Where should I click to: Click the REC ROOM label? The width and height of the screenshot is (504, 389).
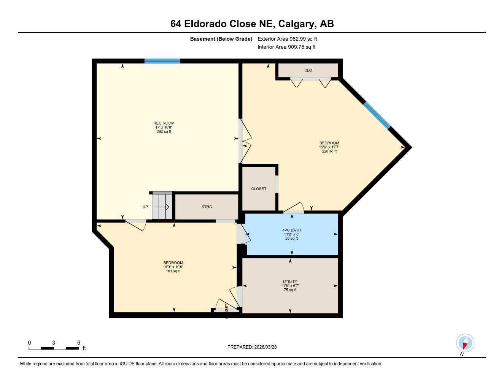(x=164, y=123)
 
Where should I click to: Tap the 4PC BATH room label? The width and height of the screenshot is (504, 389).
(x=291, y=230)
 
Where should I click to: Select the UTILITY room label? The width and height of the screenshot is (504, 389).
(x=290, y=281)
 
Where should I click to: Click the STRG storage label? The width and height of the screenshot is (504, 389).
(x=207, y=207)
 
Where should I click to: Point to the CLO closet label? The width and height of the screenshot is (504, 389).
(x=308, y=70)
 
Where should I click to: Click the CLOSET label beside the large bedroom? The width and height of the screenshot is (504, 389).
(x=259, y=189)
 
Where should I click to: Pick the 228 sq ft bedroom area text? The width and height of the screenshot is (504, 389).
(x=329, y=151)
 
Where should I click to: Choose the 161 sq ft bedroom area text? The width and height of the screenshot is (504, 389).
(x=173, y=271)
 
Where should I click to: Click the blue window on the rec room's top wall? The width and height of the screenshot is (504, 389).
(x=162, y=61)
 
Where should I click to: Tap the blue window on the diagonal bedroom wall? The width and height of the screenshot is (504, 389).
(x=377, y=115)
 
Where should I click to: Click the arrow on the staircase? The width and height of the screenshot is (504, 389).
(x=162, y=207)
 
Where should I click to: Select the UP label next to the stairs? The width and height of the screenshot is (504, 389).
(x=145, y=207)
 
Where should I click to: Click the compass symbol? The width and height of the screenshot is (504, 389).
(x=465, y=343)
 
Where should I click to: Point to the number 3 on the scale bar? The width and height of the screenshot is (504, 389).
(x=54, y=343)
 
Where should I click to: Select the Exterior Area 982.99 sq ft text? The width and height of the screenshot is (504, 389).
(x=287, y=39)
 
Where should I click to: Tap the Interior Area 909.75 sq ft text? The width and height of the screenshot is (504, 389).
(x=286, y=47)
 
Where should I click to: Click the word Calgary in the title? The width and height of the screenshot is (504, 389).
(x=296, y=24)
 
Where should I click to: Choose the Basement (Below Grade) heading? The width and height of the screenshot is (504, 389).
(x=221, y=39)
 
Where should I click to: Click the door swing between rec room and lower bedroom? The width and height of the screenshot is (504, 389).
(x=136, y=225)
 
